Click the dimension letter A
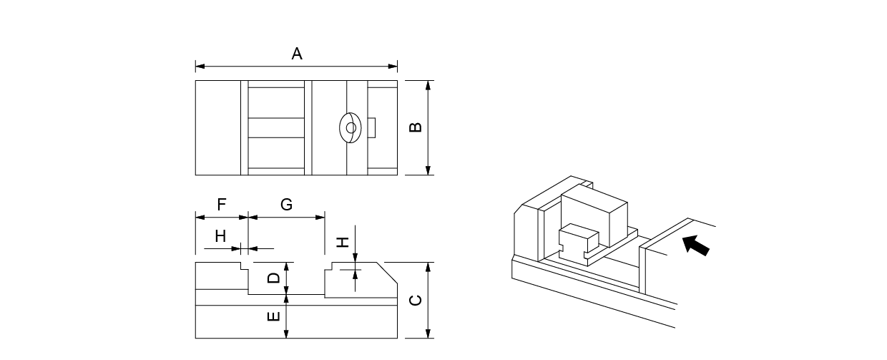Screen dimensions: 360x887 [297, 54]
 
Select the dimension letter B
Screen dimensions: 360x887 [414, 127]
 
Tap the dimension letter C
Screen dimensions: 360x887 [415, 299]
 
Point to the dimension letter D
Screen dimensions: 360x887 [273, 277]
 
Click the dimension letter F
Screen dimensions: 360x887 [222, 205]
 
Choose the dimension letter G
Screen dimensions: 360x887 [286, 205]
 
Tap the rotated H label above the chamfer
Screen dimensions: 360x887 [344, 242]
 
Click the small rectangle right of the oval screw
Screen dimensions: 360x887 [371, 127]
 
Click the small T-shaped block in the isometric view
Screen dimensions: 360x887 [577, 240]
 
